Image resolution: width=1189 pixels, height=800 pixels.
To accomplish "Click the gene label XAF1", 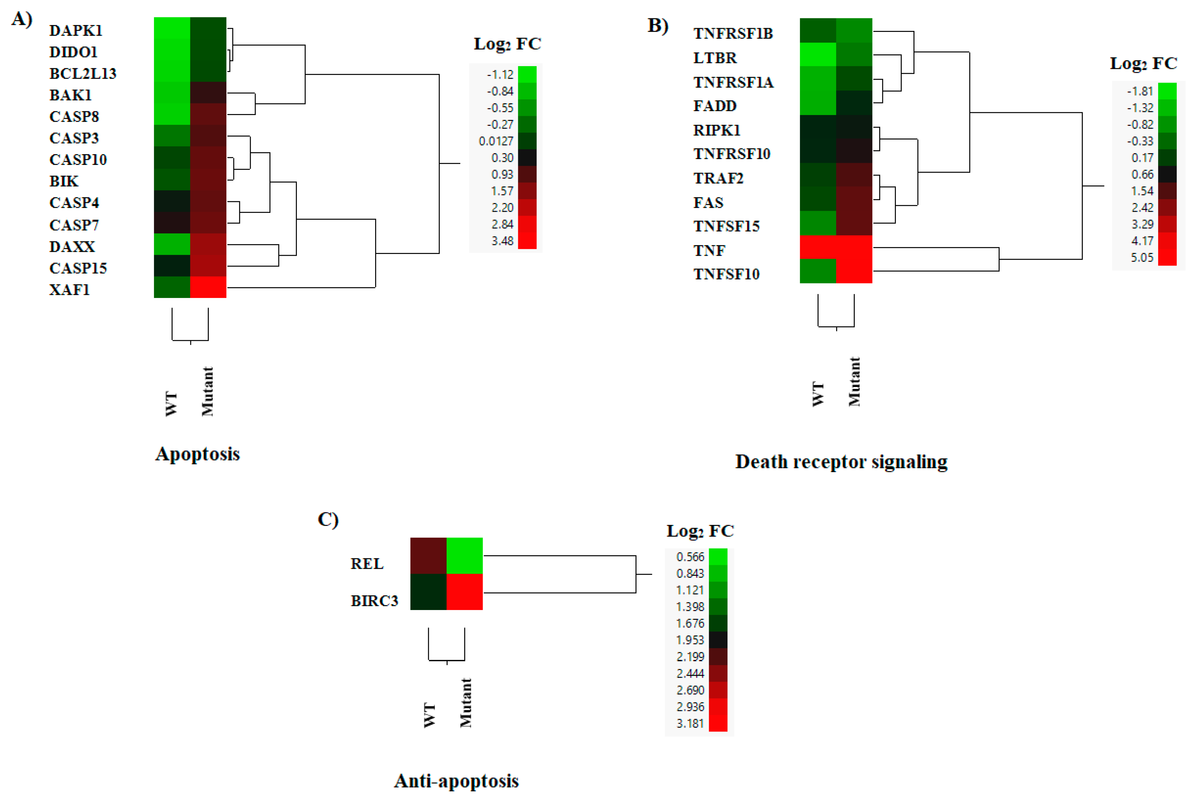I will [x=69, y=290].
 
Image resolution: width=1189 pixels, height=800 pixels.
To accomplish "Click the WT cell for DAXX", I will [x=172, y=244].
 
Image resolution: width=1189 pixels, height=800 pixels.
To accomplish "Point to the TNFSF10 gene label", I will [x=726, y=274].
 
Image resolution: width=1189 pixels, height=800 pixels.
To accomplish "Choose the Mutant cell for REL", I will [x=464, y=556].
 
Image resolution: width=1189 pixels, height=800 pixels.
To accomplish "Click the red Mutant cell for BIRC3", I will [x=464, y=592].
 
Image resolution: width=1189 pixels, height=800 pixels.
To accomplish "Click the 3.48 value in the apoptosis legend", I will [x=502, y=241].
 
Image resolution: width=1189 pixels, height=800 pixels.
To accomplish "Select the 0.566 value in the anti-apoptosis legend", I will [x=690, y=556].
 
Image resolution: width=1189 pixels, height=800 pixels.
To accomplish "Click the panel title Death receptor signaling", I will [x=841, y=462].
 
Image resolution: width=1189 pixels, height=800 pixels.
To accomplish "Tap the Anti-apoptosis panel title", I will [x=456, y=781].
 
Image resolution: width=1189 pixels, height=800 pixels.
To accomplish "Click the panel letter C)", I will [x=327, y=519].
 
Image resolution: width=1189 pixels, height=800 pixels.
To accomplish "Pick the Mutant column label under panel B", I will [x=854, y=381].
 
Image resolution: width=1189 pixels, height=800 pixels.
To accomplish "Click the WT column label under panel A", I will [x=171, y=404].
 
